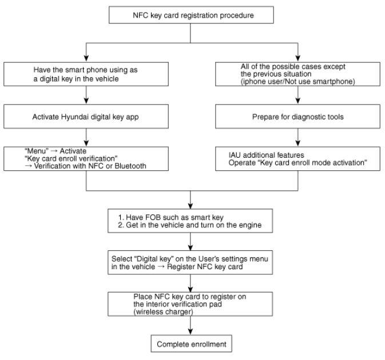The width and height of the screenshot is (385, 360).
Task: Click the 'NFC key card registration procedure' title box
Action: pyautogui.click(x=191, y=15)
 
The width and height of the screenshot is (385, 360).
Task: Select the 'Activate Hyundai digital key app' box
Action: pyautogui.click(x=86, y=117)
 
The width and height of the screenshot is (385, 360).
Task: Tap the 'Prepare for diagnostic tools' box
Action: pyautogui.click(x=297, y=117)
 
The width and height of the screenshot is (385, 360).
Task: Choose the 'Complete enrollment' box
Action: pyautogui.click(x=191, y=343)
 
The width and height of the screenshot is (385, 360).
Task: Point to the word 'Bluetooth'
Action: pyautogui.click(x=130, y=166)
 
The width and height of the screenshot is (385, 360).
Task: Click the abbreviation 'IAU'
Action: pyautogui.click(x=235, y=155)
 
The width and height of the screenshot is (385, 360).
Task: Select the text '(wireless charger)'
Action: pyautogui.click(x=163, y=311)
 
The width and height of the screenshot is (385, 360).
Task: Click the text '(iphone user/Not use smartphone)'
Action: pyautogui.click(x=297, y=81)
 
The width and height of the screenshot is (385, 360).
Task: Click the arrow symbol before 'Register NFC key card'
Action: pyautogui.click(x=161, y=267)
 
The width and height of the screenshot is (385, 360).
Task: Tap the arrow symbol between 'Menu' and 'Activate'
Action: pyautogui.click(x=54, y=151)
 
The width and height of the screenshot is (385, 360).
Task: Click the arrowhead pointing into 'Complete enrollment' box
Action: pyautogui.click(x=190, y=331)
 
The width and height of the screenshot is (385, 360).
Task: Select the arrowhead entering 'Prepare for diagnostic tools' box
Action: pyautogui.click(x=298, y=101)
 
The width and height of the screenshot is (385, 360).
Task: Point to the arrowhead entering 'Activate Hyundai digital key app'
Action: pyautogui.click(x=86, y=101)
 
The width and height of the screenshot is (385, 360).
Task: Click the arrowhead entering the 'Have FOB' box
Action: pyautogui.click(x=190, y=206)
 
